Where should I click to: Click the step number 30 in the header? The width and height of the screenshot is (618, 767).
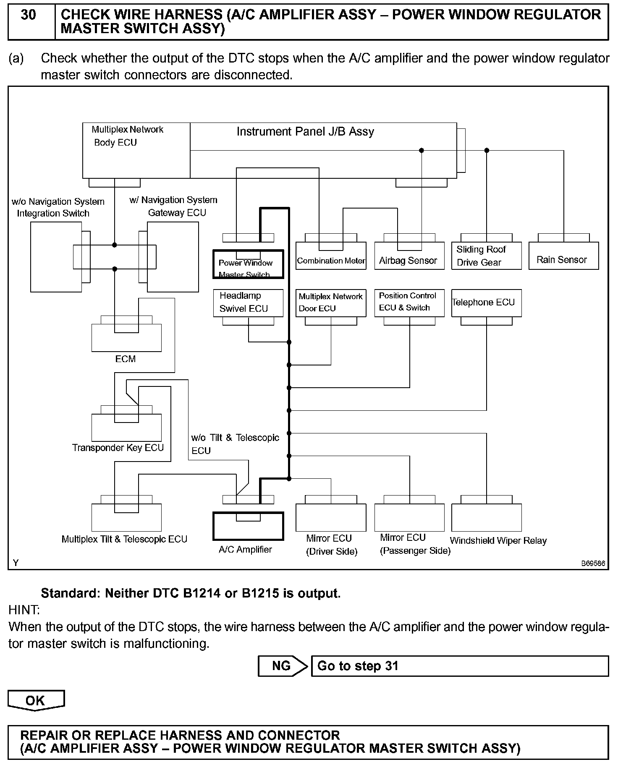coord(29,16)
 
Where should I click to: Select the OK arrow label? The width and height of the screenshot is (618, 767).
coord(36,700)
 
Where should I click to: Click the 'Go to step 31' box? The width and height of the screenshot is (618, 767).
coord(459,666)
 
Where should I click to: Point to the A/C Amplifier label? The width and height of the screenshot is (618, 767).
coord(245,549)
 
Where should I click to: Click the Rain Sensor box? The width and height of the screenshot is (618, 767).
coord(563,256)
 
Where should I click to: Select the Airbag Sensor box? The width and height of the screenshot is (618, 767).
coord(409,256)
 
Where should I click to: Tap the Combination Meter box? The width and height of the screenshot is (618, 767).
coord(331,256)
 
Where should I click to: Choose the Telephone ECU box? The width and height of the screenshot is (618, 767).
coord(486,303)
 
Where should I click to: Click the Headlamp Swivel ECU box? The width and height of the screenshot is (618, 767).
coord(248,303)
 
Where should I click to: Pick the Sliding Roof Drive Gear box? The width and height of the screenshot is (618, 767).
coord(486,256)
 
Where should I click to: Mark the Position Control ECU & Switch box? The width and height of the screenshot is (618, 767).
coord(409,303)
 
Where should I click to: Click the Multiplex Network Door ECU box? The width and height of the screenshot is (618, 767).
coord(331,303)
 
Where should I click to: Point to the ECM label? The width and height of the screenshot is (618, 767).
coord(126,359)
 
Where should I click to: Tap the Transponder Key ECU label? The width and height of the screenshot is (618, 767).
coord(118,448)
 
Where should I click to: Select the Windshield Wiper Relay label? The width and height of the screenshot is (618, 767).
coord(498,540)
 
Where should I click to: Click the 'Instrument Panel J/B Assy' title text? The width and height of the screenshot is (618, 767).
coord(305,132)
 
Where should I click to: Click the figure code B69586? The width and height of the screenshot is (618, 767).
coord(593,564)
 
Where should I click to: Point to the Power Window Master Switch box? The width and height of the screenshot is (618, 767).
coord(248,265)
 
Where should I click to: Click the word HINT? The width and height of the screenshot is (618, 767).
coord(24,610)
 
